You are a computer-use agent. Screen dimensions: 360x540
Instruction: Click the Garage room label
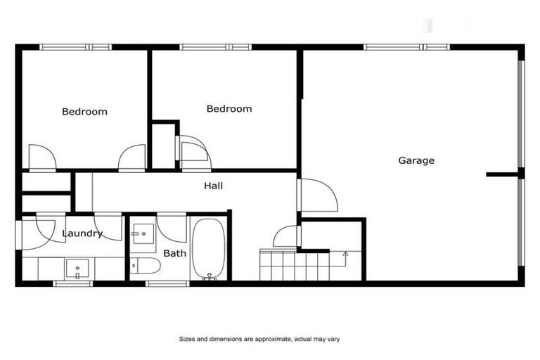tap(416, 160)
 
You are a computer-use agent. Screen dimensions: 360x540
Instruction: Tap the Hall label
tap(213, 186)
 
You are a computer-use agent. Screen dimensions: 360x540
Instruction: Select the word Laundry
tap(82, 233)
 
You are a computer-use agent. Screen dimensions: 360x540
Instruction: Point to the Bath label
tap(174, 253)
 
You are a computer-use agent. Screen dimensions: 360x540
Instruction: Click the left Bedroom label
tap(84, 111)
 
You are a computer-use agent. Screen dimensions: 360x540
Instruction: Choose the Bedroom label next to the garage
tap(229, 109)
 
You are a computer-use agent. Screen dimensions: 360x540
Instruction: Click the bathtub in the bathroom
tap(208, 249)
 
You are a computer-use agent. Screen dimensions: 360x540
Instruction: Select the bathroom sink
tap(144, 232)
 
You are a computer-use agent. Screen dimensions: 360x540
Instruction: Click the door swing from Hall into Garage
tap(318, 195)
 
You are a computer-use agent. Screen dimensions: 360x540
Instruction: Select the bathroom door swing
tap(172, 227)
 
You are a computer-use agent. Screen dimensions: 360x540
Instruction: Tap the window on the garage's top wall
tap(406, 47)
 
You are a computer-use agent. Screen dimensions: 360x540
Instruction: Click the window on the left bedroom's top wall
tap(75, 47)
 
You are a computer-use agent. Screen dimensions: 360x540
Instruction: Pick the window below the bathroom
tap(168, 283)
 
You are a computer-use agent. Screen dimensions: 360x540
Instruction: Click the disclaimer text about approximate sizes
tap(259, 339)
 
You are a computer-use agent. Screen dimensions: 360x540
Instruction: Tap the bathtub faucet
tap(208, 277)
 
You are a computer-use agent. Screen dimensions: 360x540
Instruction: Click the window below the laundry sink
tap(72, 283)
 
